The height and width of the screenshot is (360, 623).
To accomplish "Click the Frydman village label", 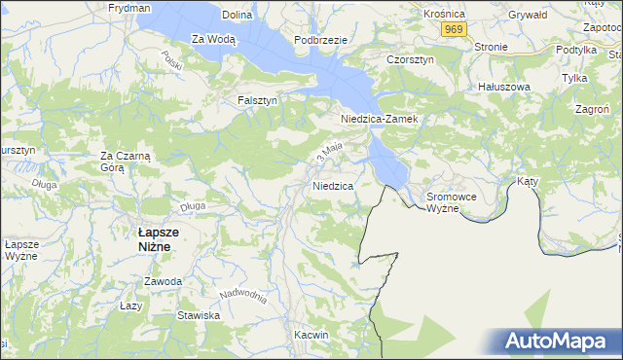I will coord(129,7).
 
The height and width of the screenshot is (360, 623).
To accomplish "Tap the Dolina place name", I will coord(237,16).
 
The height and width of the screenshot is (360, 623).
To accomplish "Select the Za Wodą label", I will coord(213,39).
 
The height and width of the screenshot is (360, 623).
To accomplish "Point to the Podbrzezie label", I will coord(320,39).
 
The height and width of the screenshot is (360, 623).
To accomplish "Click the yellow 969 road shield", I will coord(452,30).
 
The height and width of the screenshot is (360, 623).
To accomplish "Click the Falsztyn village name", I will coord(258,100).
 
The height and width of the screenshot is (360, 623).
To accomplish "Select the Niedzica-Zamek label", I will coord(379,119).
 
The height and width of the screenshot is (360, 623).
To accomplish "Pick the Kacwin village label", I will coord(311,335).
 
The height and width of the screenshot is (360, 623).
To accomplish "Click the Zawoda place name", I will coord(163,281).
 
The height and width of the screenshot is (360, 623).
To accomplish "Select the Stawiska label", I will coord(199,316).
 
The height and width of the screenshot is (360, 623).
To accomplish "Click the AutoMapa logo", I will coord(559,342).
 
